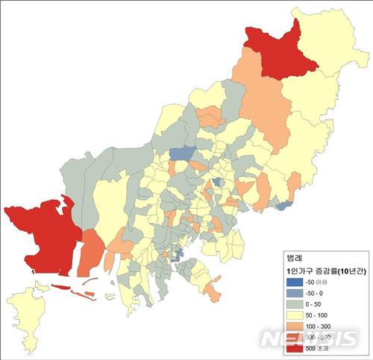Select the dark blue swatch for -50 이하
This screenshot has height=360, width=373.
(290, 282)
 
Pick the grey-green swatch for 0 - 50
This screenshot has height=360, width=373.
(290, 305)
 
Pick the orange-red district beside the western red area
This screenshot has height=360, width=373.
(90, 253)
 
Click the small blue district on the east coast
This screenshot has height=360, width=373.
(283, 205)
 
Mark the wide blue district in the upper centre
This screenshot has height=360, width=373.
(182, 154)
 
